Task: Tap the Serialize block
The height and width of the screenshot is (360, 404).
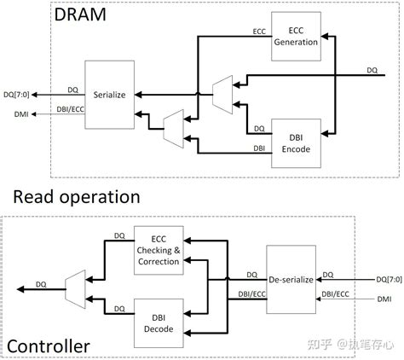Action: [x=110, y=94]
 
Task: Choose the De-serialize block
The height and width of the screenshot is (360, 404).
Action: [x=291, y=278]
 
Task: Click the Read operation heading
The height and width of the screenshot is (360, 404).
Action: [x=76, y=197]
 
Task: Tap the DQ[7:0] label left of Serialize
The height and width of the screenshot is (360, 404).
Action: [x=17, y=94]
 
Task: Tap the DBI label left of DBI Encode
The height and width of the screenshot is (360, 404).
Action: [x=258, y=148]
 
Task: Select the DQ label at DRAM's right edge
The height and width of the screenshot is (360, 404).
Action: [x=372, y=70]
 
